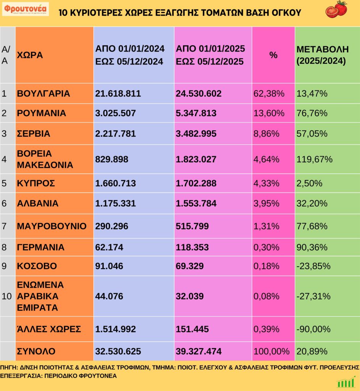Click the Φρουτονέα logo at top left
pyautogui.click(x=25, y=9)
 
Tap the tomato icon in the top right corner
pyautogui.click(x=336, y=9)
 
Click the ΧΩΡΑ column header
pyautogui.click(x=30, y=55)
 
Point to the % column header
pyautogui.click(x=273, y=55)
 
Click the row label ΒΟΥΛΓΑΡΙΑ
pyautogui.click(x=44, y=94)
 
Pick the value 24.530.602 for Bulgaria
pyautogui.click(x=199, y=94)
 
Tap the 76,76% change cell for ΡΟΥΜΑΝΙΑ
pyautogui.click(x=312, y=113)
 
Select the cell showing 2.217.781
pyautogui.click(x=115, y=134)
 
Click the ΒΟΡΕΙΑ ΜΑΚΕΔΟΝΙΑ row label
pyautogui.click(x=45, y=159)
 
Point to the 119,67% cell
pyautogui.click(x=315, y=159)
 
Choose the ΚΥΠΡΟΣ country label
pyautogui.click(x=36, y=183)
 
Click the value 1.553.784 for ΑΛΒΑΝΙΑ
pyautogui.click(x=196, y=204)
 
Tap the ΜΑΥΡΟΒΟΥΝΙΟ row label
pyautogui.click(x=52, y=226)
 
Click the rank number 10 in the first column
pyautogui.click(x=7, y=296)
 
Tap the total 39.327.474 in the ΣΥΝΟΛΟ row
pyautogui.click(x=199, y=351)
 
